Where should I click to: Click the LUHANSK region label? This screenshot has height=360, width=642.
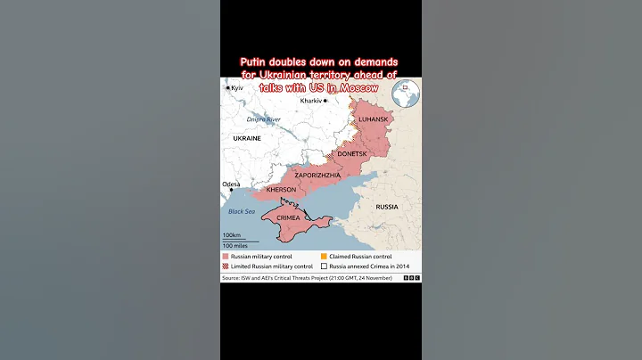click(374, 119)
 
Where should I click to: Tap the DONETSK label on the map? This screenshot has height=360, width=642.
click(352, 153)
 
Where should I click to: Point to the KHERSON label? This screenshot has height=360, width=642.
click(281, 190)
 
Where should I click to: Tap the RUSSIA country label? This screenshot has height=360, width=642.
click(387, 207)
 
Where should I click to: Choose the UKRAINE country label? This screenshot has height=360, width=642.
click(247, 139)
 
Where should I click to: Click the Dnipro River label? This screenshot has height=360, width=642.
click(264, 119)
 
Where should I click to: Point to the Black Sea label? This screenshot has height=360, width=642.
click(242, 211)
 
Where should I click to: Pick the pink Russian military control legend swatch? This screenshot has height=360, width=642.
click(225, 256)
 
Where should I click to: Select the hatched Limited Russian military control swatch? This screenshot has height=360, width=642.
click(225, 266)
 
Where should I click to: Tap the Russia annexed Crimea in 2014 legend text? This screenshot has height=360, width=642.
click(371, 266)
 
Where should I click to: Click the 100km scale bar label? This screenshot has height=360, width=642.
click(231, 235)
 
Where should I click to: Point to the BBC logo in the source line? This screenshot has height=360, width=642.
click(411, 278)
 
